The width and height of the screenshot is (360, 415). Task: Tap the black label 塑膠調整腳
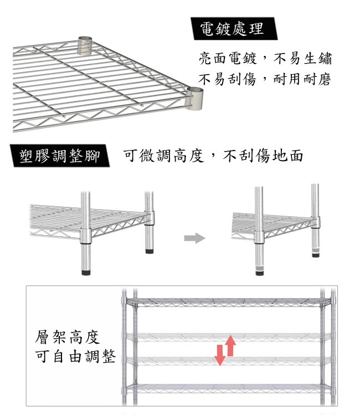click(60, 155)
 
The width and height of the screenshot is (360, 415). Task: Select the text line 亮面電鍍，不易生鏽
click(265, 58)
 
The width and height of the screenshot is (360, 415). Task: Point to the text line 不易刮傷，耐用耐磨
click(265, 79)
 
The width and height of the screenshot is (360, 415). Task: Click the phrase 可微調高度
click(163, 155)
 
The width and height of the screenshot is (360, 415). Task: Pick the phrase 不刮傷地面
click(263, 155)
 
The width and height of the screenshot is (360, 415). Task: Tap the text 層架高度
click(68, 337)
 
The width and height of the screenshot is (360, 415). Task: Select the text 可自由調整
click(75, 356)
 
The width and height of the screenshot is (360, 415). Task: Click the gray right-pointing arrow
click(195, 238)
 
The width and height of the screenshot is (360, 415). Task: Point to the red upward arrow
click(231, 345)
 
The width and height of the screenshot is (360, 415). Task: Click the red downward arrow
click(220, 355)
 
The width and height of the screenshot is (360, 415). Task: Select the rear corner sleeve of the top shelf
click(85, 45)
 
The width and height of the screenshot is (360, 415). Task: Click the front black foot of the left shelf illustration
click(86, 272)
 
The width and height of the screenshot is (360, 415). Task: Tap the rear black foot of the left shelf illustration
click(150, 251)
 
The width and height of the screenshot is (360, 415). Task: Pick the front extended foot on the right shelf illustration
click(260, 271)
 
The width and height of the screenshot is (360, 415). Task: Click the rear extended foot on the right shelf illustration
click(316, 252)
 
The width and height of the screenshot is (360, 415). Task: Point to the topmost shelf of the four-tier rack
click(228, 302)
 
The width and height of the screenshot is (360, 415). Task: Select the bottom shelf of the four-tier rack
click(228, 388)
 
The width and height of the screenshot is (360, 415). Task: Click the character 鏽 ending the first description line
click(325, 58)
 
